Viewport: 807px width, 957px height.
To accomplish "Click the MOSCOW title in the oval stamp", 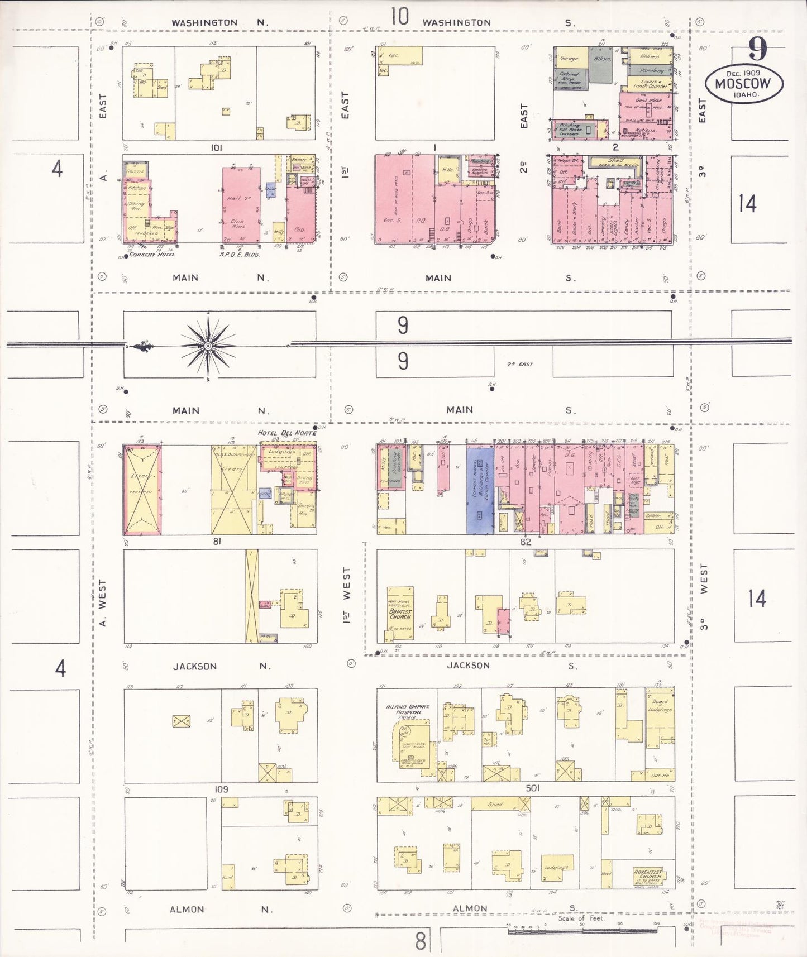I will coord(742,84).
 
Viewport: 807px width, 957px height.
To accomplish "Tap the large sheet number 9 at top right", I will coord(757,51).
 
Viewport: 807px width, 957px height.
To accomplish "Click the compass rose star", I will coord(208,346).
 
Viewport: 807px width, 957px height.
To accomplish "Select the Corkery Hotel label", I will coord(152,255).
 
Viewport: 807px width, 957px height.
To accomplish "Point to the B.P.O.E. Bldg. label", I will coord(240,255).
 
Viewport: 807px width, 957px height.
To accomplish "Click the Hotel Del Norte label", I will coord(286,433).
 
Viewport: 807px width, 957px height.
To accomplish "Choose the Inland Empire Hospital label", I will coord(408,710).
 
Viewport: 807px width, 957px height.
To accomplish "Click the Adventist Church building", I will coord(648,874).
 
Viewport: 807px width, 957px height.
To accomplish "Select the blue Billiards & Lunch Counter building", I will coord(480,489).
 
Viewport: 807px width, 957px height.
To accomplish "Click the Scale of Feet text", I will coord(581,918).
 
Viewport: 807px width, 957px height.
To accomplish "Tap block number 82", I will coord(525,542).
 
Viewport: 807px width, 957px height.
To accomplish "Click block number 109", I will coord(221,789).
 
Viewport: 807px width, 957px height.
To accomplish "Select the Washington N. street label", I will coord(219,23).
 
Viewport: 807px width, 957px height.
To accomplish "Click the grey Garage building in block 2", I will coord(569,58).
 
